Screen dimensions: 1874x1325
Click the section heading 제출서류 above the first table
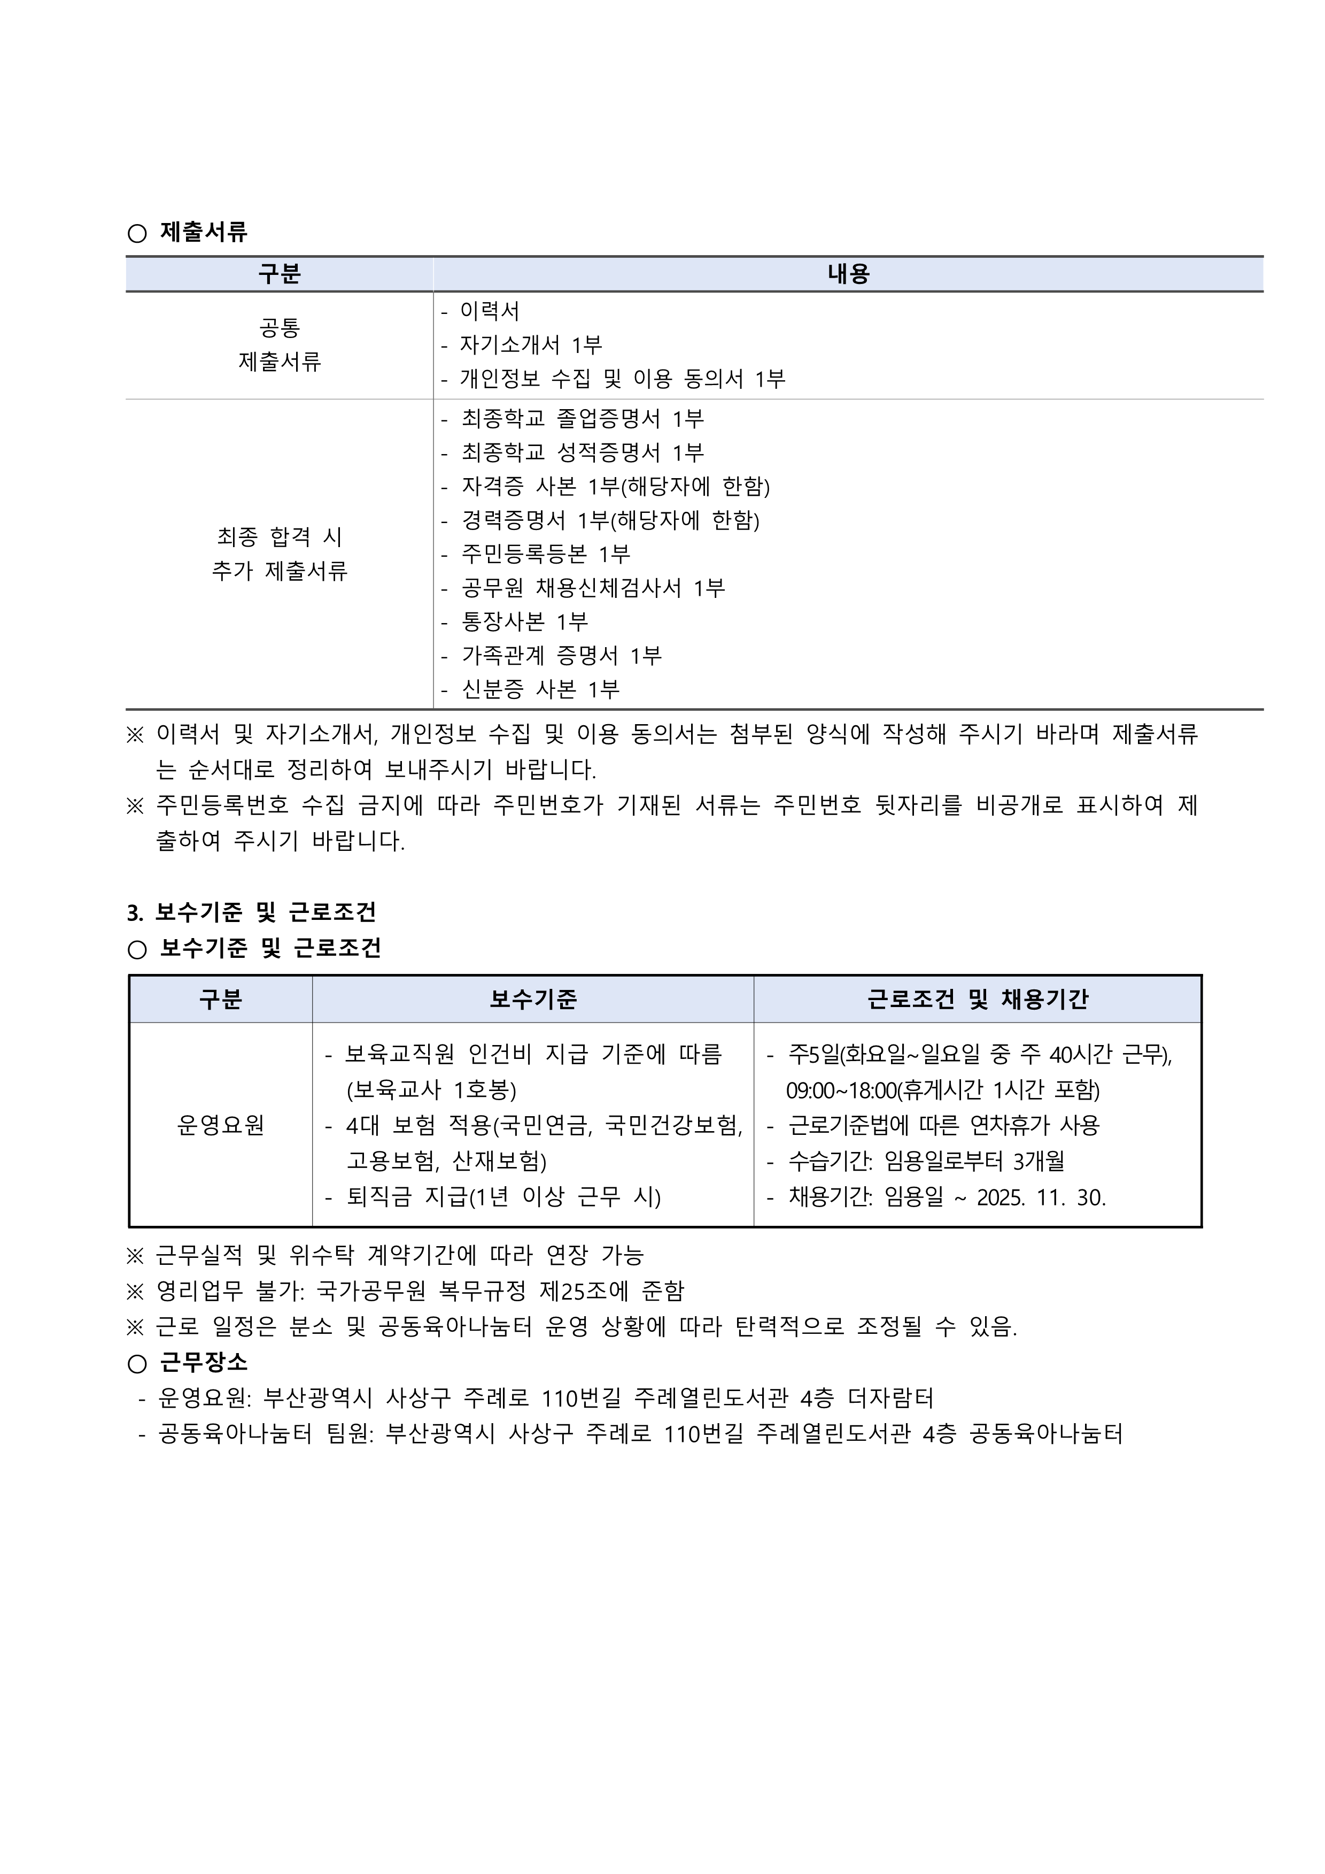(203, 233)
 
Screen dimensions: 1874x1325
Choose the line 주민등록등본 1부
(545, 554)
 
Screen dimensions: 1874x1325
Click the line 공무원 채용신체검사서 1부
(593, 588)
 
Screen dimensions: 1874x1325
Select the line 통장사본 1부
(525, 622)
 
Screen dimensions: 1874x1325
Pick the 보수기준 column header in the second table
(533, 999)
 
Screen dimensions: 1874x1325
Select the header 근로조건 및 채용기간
(978, 999)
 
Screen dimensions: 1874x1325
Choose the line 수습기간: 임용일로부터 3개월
(926, 1162)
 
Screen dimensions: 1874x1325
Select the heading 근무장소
(203, 1362)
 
